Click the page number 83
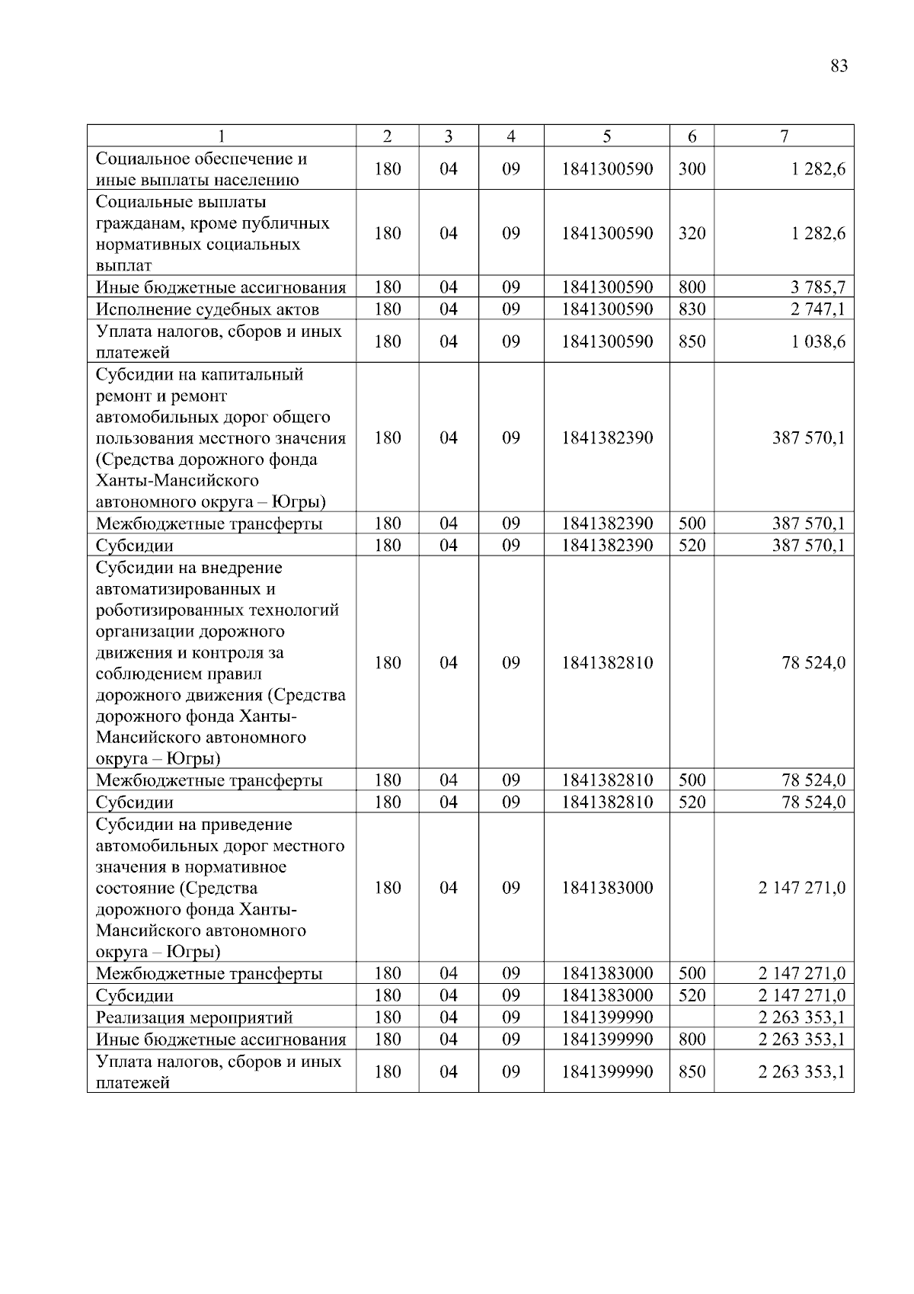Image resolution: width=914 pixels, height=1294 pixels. [x=839, y=66]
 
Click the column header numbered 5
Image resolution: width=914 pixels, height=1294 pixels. [x=606, y=136]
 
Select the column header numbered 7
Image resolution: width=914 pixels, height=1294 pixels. [x=784, y=136]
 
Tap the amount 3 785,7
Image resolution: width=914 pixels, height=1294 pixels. [x=817, y=287]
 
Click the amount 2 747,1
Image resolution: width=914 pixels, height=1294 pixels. [x=817, y=309]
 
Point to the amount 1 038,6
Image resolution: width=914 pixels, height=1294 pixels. [x=817, y=341]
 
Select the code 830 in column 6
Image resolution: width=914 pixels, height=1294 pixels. [x=692, y=309]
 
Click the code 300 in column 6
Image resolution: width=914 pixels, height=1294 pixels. [x=692, y=169]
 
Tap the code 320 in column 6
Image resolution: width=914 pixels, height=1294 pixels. [x=692, y=233]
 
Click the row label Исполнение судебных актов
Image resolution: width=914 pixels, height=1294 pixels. [x=207, y=309]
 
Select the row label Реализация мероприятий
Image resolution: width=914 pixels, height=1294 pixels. [x=194, y=1017]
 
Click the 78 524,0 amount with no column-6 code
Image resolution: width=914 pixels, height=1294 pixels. [x=813, y=663]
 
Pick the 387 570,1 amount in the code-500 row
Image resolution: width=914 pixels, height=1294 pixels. [x=808, y=524]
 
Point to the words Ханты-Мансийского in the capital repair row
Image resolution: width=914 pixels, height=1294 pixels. [x=177, y=481]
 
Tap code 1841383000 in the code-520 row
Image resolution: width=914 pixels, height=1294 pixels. [x=607, y=995]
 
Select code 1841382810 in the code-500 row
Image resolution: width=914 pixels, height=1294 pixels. [x=607, y=780]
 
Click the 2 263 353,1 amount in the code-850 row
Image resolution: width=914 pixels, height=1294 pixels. [x=801, y=1071]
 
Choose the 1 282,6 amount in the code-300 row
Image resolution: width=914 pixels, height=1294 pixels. [x=817, y=169]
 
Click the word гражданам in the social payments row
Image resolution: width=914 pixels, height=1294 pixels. [x=134, y=223]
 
